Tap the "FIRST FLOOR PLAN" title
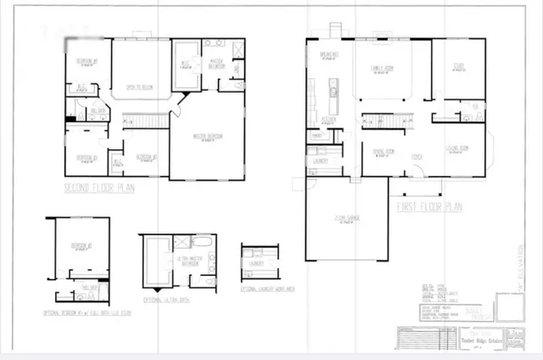430,206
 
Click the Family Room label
389,69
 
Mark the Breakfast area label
329,54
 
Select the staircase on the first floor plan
386,121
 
